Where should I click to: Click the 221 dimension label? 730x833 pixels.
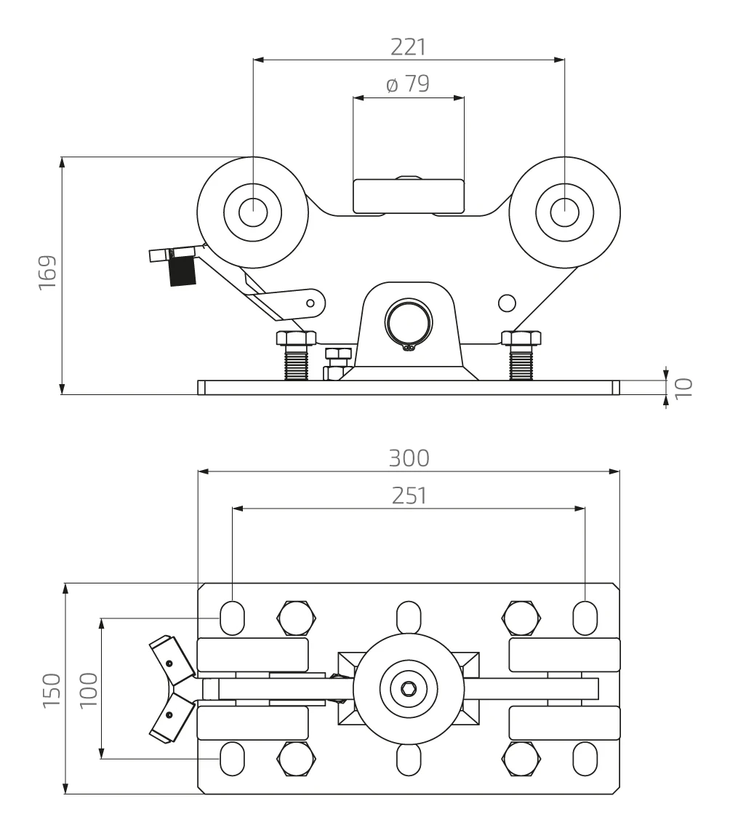pyautogui.click(x=408, y=47)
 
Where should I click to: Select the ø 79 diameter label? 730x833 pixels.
pyautogui.click(x=408, y=84)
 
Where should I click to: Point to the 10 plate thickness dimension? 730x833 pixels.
pyautogui.click(x=683, y=385)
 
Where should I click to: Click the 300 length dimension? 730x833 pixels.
pyautogui.click(x=408, y=458)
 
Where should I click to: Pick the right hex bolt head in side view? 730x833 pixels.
pyautogui.click(x=521, y=338)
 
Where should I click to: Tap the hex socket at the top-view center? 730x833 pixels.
pyautogui.click(x=408, y=687)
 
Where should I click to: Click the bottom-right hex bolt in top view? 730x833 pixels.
pyautogui.click(x=521, y=758)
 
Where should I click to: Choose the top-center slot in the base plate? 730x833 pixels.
pyautogui.click(x=408, y=617)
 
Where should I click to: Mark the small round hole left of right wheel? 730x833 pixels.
pyautogui.click(x=508, y=301)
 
